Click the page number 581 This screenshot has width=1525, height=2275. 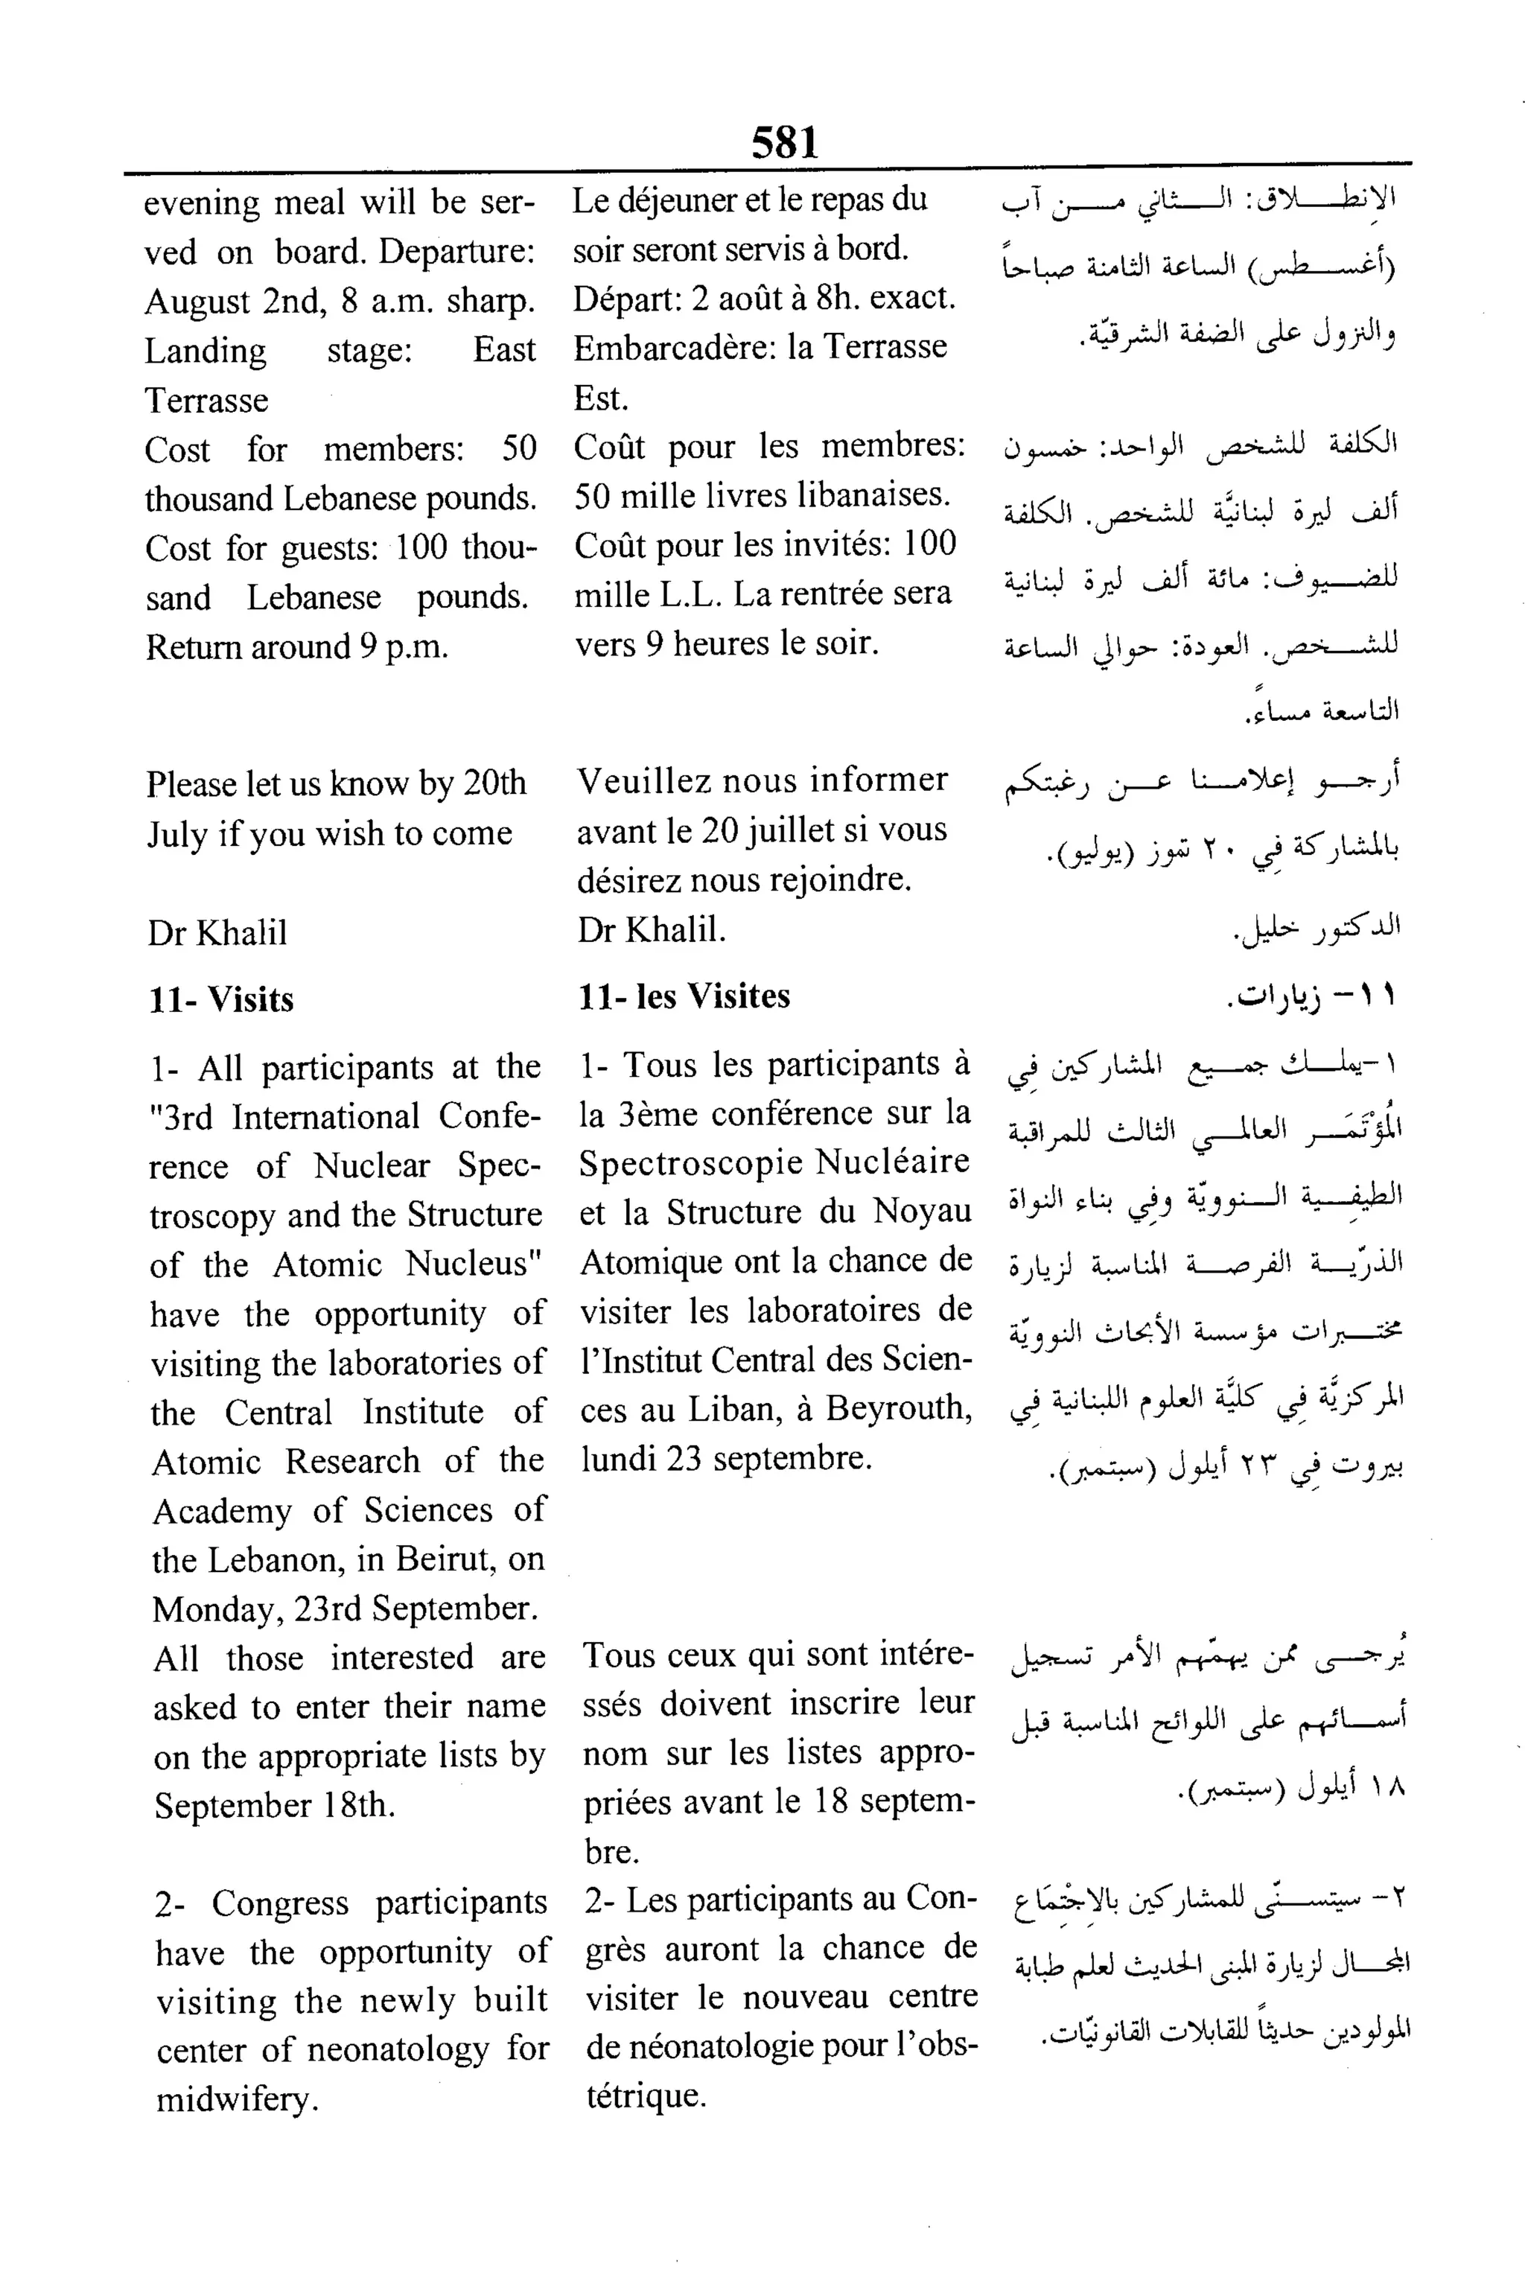coord(784,143)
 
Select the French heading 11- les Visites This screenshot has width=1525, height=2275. coord(684,996)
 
